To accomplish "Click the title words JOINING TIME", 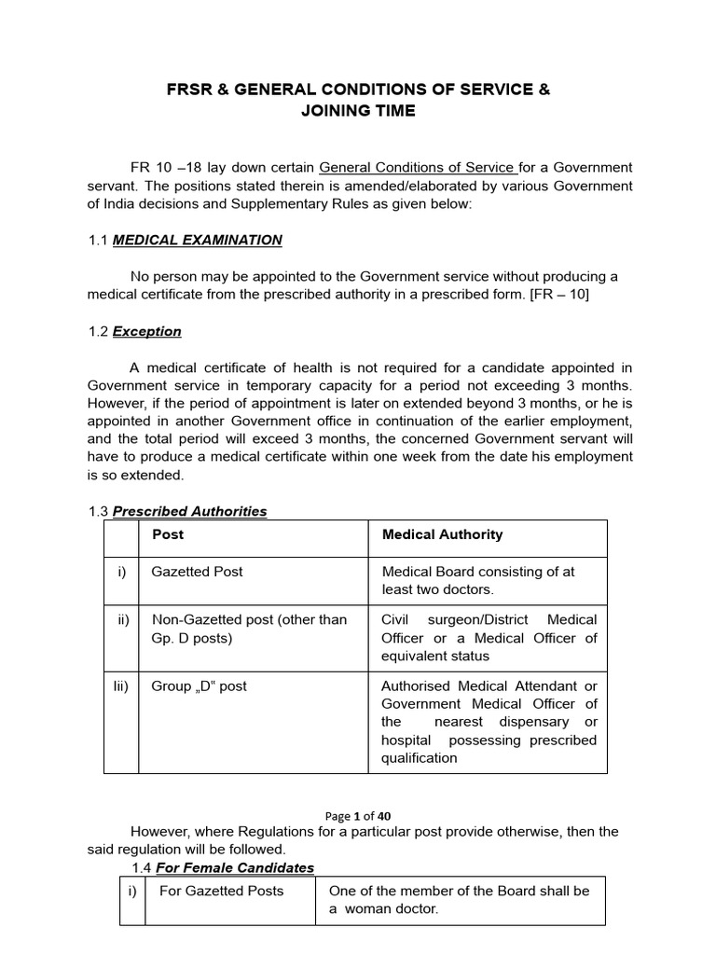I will [x=358, y=111].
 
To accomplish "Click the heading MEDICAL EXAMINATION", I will [x=197, y=240].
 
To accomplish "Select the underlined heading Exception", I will [x=146, y=331].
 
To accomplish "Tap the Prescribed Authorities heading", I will [x=189, y=511].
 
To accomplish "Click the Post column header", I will [x=168, y=534].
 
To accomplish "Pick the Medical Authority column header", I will [x=442, y=534].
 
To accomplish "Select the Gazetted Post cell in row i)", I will [x=197, y=572].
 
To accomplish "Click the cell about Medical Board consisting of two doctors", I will [x=478, y=580].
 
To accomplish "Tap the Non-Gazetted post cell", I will [x=248, y=629].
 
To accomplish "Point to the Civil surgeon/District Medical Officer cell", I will [x=489, y=638].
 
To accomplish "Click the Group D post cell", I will [x=199, y=685].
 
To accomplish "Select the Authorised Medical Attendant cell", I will [x=489, y=722].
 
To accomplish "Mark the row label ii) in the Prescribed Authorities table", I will [x=122, y=619].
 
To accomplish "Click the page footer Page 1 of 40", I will [x=357, y=816].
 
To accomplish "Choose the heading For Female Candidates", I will [x=234, y=867].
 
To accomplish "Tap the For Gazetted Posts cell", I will [x=221, y=891].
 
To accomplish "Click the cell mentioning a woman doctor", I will [x=459, y=899].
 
